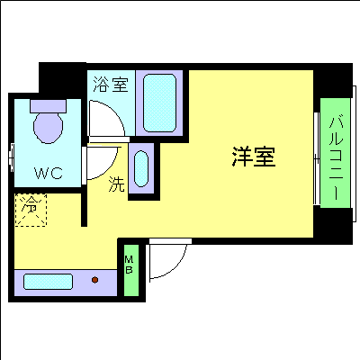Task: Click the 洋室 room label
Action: [x=254, y=157]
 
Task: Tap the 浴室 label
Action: [x=111, y=85]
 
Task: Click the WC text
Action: [x=49, y=173]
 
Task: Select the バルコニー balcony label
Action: [x=336, y=158]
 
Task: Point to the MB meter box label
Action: [x=129, y=265]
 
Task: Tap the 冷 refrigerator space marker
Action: [x=31, y=210]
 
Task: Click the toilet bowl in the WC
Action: [x=49, y=128]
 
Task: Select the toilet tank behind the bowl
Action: [x=48, y=106]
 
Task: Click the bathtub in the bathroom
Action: [x=159, y=103]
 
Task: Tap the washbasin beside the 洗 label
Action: [x=141, y=168]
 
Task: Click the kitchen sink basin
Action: [x=48, y=282]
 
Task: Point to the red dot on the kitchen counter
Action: [x=94, y=280]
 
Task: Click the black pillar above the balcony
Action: [x=333, y=80]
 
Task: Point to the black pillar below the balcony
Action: [x=333, y=226]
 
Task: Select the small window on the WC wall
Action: [x=12, y=154]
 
